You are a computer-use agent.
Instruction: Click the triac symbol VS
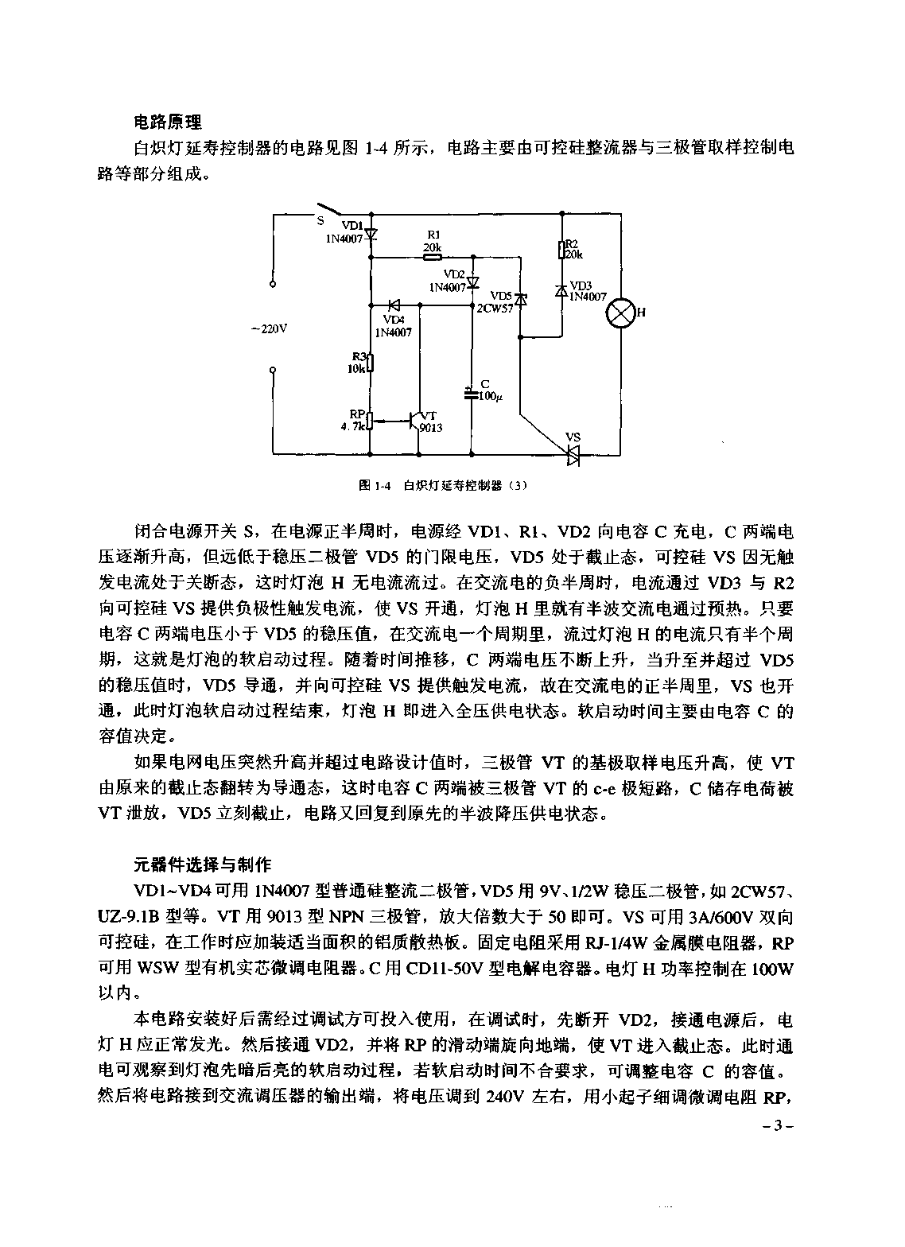[573, 454]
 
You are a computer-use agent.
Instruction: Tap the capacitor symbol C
[472, 392]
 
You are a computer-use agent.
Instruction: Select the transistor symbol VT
[415, 420]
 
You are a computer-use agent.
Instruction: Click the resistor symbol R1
[432, 256]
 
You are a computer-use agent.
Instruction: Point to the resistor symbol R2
[561, 249]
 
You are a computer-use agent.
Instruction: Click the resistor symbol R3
[371, 364]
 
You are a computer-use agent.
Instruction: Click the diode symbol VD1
[371, 235]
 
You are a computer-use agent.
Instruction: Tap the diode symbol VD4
[393, 305]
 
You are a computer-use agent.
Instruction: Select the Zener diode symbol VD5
[521, 299]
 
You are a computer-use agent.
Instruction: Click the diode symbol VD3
[561, 290]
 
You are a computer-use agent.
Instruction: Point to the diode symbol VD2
[472, 282]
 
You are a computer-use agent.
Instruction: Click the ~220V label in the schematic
[268, 328]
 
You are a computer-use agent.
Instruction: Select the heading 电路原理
[167, 122]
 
